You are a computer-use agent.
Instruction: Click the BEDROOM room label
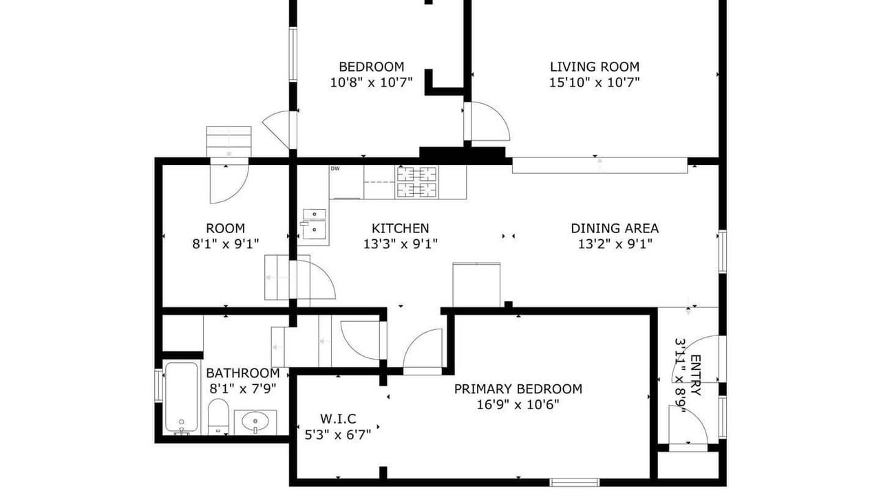point(371,67)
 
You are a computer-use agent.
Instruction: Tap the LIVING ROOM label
point(594,67)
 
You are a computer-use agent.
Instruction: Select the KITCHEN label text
point(401,228)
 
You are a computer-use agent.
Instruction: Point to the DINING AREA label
point(615,228)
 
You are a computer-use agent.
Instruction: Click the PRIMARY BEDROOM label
point(518,389)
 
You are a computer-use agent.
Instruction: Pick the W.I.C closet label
point(338,419)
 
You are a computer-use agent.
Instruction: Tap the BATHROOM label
point(243,373)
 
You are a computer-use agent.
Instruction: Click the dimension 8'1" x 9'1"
point(225,244)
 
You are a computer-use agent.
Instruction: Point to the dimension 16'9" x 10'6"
point(518,405)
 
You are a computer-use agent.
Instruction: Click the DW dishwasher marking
point(335,168)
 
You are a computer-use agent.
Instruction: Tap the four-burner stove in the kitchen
point(417,182)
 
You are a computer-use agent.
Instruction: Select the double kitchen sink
point(315,224)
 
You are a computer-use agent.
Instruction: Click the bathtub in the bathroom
point(181,397)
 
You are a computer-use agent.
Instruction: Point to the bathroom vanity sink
point(255,422)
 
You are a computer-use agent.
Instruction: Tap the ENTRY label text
point(695,375)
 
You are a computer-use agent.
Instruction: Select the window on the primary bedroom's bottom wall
point(574,482)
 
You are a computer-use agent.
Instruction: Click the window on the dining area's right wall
point(722,252)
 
